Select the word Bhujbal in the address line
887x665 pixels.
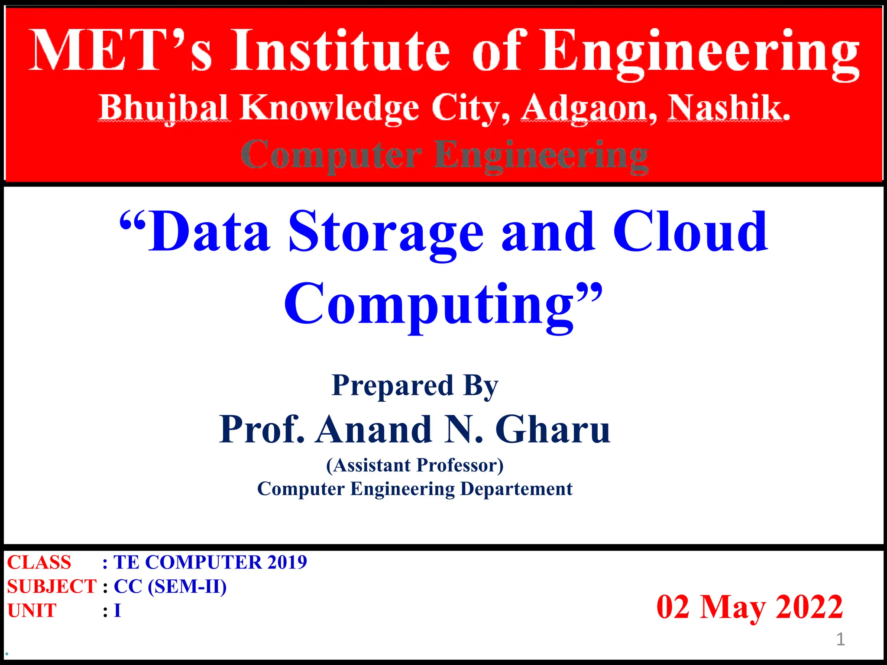pos(164,108)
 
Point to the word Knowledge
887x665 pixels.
pos(330,108)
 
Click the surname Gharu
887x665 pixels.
pos(553,429)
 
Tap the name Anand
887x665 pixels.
pos(374,429)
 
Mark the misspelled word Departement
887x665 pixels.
pos(516,489)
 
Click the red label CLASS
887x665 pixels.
pos(39,562)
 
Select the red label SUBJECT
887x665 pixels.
pos(51,587)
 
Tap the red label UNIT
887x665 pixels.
pos(32,610)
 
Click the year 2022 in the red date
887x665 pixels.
pos(809,607)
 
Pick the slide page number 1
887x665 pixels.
pos(840,639)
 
